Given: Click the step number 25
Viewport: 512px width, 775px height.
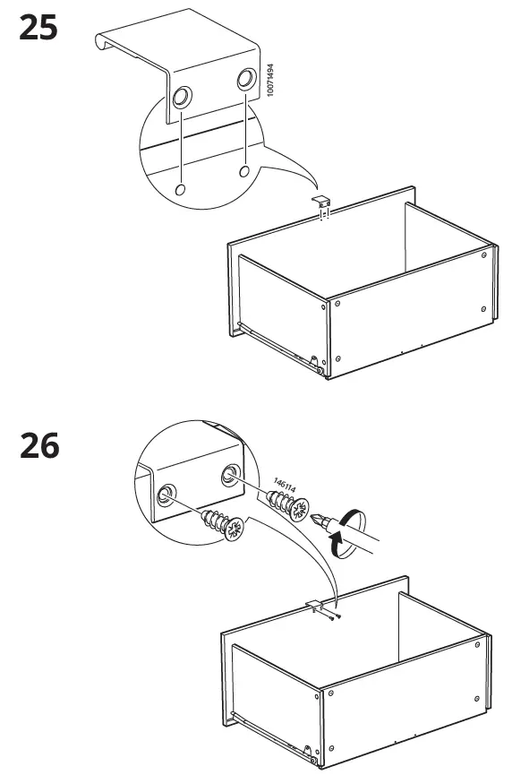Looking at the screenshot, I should (x=38, y=29).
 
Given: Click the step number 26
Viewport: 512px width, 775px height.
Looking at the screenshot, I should (x=38, y=445).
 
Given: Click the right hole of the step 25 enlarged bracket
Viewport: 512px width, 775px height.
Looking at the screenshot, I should (x=244, y=80).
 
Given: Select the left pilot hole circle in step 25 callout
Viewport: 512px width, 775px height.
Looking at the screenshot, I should (x=181, y=189).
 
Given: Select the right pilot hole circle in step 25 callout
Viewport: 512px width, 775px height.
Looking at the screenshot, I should (x=244, y=171).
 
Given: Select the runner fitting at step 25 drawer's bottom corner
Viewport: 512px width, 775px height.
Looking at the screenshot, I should (x=314, y=364).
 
